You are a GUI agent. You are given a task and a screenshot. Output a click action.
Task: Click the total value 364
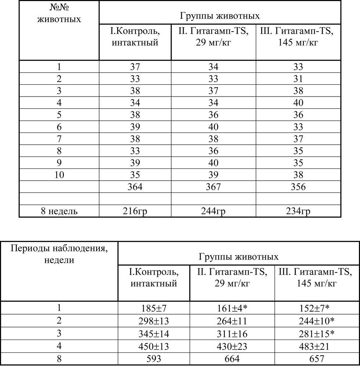135,187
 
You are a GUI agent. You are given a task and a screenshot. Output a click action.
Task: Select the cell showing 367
213,187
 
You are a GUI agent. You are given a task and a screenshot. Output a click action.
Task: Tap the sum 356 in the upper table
298,187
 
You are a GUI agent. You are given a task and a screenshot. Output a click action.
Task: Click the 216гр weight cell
135,211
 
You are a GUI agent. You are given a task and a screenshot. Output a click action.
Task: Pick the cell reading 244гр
213,211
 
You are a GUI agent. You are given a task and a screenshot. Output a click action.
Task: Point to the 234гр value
298,211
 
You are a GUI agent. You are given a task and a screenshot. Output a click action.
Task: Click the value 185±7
154,308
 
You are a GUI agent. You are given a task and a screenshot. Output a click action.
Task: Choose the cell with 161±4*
232,308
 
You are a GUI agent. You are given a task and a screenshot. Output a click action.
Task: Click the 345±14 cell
154,333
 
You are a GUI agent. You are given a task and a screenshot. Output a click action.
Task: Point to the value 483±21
317,346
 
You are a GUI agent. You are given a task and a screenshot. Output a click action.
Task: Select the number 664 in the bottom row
232,359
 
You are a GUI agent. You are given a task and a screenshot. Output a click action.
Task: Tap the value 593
154,359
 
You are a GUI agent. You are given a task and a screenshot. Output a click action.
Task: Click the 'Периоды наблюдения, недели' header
59,254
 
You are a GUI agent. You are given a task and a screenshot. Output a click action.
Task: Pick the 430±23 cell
232,346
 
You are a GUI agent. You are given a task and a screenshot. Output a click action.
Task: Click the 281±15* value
317,333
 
